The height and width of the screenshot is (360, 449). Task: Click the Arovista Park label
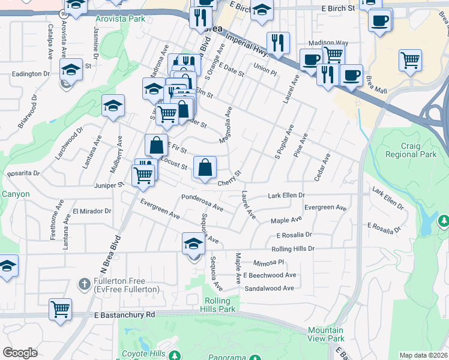(120, 19)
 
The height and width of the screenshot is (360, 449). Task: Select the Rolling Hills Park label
(220, 305)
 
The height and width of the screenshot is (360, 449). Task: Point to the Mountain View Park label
(326, 334)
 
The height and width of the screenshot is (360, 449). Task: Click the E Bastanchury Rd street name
(125, 314)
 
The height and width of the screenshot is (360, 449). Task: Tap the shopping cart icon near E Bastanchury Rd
(60, 309)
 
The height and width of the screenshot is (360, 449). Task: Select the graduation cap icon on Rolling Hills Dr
(193, 244)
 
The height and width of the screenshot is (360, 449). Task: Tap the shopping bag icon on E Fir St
(156, 145)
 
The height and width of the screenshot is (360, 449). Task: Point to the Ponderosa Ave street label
(202, 203)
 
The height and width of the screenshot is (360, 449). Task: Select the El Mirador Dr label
(92, 211)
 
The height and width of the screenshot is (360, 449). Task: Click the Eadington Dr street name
(31, 74)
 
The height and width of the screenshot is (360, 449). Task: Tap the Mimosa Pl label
(268, 263)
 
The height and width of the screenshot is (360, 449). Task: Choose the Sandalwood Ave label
(269, 288)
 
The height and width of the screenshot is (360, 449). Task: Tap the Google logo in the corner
(20, 353)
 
